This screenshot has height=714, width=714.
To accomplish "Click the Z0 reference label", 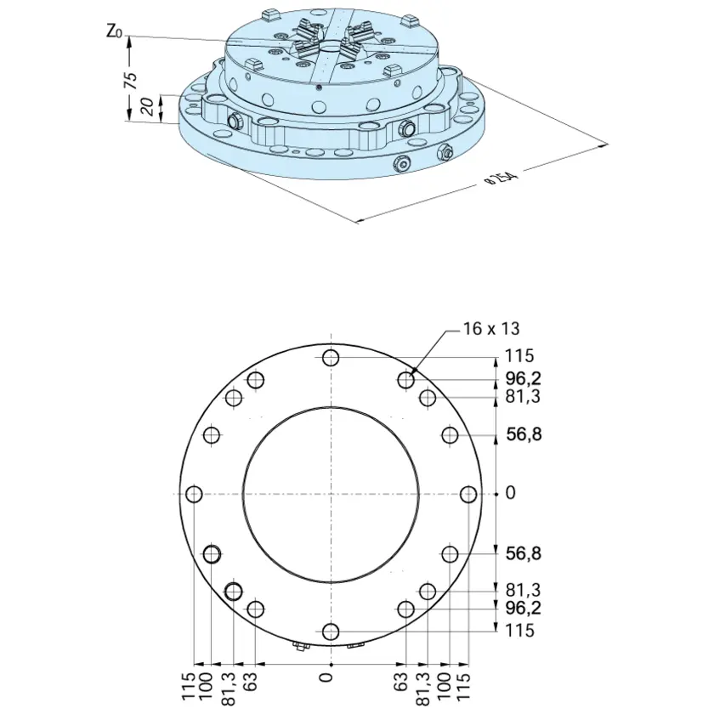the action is [x=114, y=32].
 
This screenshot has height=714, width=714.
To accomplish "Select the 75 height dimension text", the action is [x=130, y=80].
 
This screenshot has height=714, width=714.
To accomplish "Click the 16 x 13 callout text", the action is [x=491, y=328].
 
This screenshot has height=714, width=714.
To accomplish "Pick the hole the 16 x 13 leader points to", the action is [x=405, y=380].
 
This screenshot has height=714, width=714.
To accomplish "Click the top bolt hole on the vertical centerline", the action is [x=331, y=358].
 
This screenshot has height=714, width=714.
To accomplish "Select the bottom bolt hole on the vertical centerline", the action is [x=331, y=632].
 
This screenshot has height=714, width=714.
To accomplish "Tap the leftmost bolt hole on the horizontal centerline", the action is [x=195, y=494].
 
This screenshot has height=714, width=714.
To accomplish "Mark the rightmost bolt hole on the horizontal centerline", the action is [x=468, y=494].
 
